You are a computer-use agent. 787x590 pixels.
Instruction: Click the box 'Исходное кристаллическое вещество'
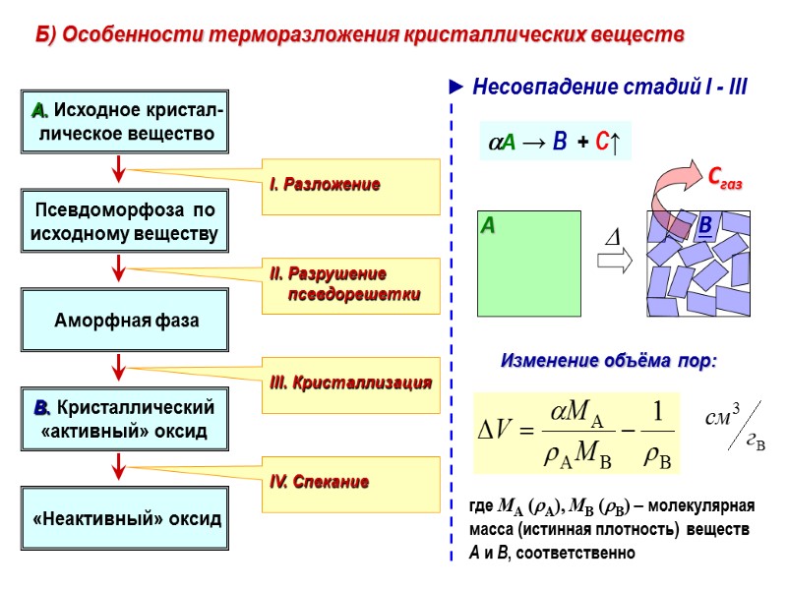click(x=124, y=121)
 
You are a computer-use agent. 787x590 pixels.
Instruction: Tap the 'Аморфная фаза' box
click(x=124, y=321)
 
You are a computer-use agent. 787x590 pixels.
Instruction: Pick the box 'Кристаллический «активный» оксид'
click(x=124, y=419)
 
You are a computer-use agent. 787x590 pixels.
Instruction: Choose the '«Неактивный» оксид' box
click(x=124, y=517)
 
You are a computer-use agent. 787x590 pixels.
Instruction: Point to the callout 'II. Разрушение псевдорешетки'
click(x=351, y=285)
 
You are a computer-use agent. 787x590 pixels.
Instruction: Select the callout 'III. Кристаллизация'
click(x=351, y=383)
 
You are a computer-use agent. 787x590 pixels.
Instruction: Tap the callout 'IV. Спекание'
click(x=351, y=483)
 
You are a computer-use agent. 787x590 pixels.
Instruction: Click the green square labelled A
click(x=529, y=264)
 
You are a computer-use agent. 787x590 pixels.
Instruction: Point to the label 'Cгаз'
click(x=725, y=180)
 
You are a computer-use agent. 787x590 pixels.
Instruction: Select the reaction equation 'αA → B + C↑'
click(x=553, y=143)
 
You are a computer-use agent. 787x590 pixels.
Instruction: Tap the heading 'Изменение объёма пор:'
click(x=610, y=361)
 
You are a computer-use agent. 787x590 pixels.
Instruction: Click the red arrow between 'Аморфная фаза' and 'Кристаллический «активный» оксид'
click(x=119, y=368)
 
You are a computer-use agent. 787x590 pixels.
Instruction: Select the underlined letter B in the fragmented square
click(x=704, y=228)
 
